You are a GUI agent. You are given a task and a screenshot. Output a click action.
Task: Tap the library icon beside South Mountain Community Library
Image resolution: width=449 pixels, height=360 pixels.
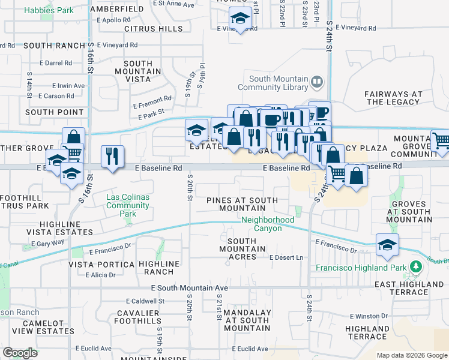point(317,81)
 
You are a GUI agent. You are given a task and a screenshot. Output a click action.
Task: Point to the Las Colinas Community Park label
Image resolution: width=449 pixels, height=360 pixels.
point(127,205)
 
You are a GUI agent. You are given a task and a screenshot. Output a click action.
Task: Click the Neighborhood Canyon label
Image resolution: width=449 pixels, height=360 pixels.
point(268,224)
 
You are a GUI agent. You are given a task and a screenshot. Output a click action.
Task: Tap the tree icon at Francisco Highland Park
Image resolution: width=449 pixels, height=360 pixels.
point(414,266)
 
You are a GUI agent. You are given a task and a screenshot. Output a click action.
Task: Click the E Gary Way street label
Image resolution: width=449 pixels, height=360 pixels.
point(43,242)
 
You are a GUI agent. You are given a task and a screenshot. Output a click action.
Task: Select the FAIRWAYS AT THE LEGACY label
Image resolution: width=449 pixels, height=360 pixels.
point(394,98)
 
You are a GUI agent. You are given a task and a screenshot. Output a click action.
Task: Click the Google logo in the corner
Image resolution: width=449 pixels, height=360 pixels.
point(20,353)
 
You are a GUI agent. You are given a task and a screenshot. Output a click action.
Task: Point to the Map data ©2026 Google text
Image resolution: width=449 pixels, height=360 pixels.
point(411,355)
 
